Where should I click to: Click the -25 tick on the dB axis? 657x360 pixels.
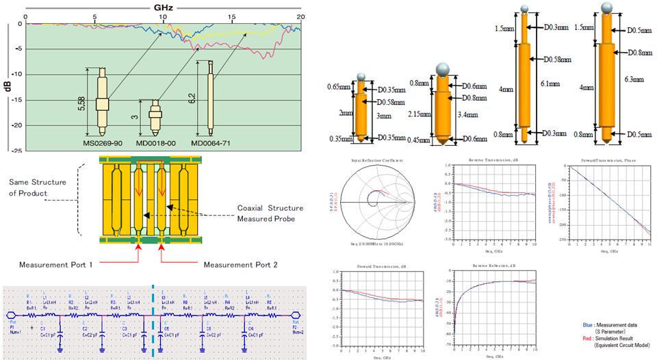(x=15, y=151)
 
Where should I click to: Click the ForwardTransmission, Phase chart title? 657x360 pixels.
(x=602, y=161)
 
